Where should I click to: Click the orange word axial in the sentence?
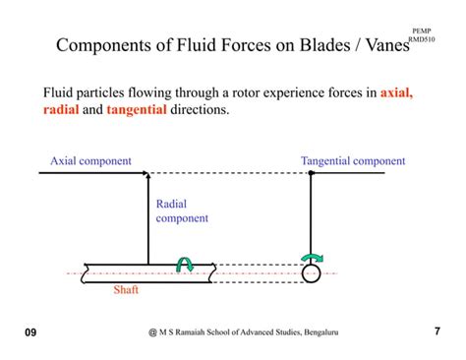pyautogui.click(x=396, y=94)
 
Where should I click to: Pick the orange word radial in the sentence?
pyautogui.click(x=61, y=111)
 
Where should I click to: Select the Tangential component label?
pyautogui.click(x=352, y=160)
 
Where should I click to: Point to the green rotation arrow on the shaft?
pyautogui.click(x=185, y=263)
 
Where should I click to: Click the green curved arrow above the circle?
pyautogui.click(x=311, y=259)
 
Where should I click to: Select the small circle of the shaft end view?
pyautogui.click(x=311, y=273)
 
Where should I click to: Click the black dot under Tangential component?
pyautogui.click(x=311, y=173)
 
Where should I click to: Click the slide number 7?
pyautogui.click(x=436, y=332)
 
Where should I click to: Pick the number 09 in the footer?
pyautogui.click(x=30, y=333)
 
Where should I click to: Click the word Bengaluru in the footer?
pyautogui.click(x=317, y=333)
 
